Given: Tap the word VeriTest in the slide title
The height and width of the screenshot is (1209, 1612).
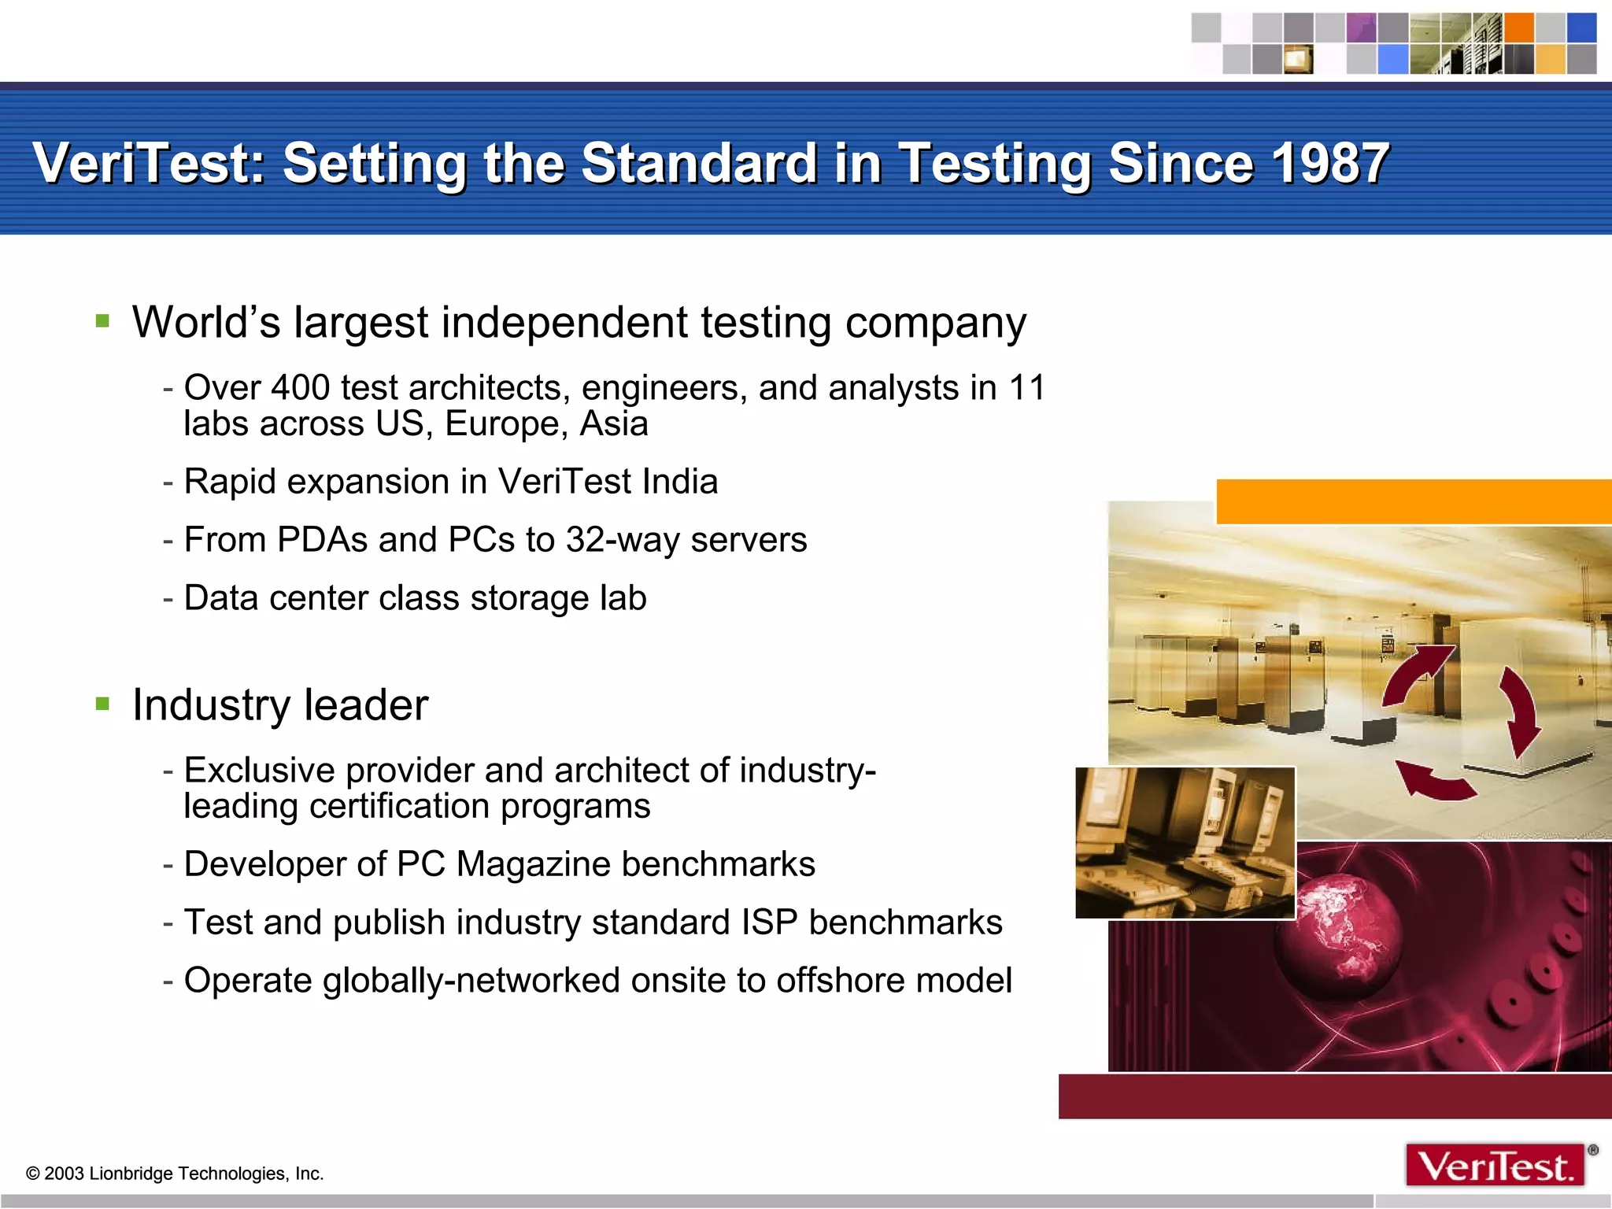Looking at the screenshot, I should tap(145, 163).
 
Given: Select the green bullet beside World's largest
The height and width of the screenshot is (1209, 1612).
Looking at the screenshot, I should tap(102, 320).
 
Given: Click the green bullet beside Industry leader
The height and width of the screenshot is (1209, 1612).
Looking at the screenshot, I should tap(102, 703).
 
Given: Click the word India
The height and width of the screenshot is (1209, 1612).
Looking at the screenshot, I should tap(679, 481).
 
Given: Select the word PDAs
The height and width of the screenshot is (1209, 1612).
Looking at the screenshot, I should tap(322, 539).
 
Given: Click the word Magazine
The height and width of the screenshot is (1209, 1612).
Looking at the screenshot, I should tap(533, 863).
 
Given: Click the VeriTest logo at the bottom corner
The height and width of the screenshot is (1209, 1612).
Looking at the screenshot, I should tap(1495, 1165).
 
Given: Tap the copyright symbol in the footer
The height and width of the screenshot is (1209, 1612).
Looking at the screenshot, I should tap(33, 1174).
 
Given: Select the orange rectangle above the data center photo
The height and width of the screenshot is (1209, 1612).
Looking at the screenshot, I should tap(1413, 501).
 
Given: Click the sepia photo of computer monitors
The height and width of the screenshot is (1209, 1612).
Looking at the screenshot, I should tap(1185, 842).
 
